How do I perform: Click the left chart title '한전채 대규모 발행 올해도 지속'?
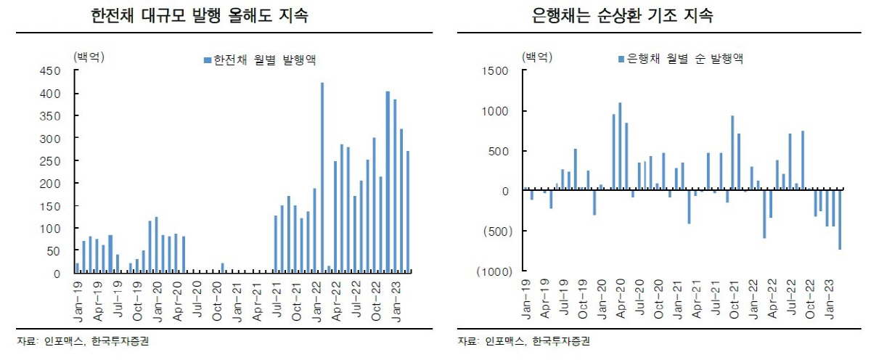click(199, 15)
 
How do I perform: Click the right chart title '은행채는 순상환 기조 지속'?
click(622, 15)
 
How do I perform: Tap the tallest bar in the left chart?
click(322, 178)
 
